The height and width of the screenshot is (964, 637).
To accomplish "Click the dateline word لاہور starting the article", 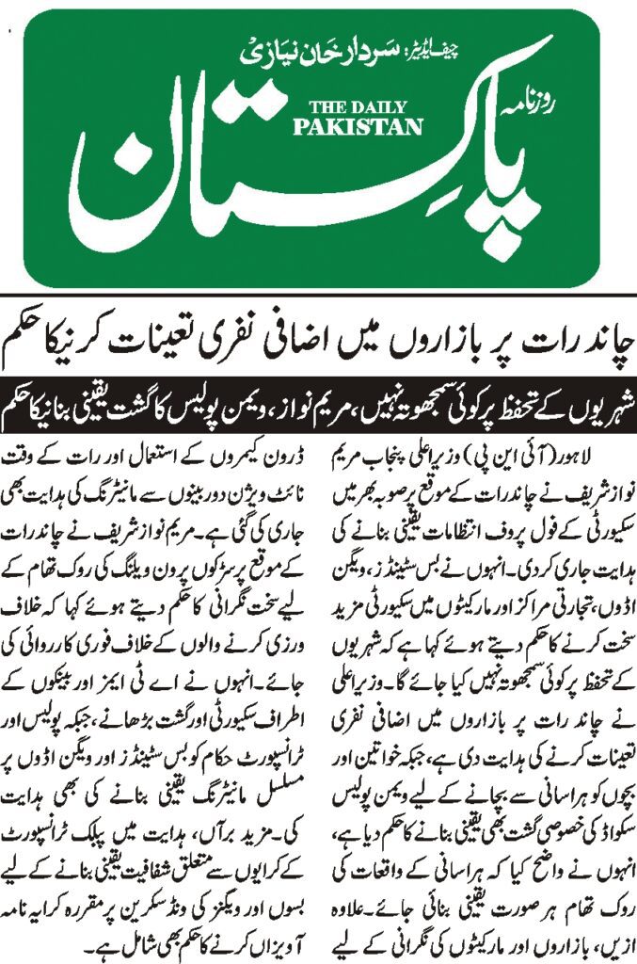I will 600,458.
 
